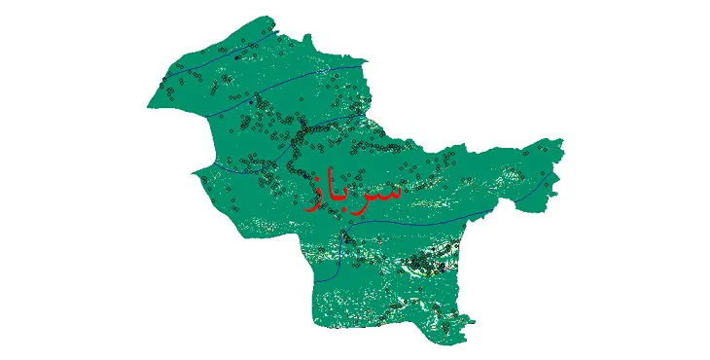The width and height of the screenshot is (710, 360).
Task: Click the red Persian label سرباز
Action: point(352,192)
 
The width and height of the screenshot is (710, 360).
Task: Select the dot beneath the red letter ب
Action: point(347,212)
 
